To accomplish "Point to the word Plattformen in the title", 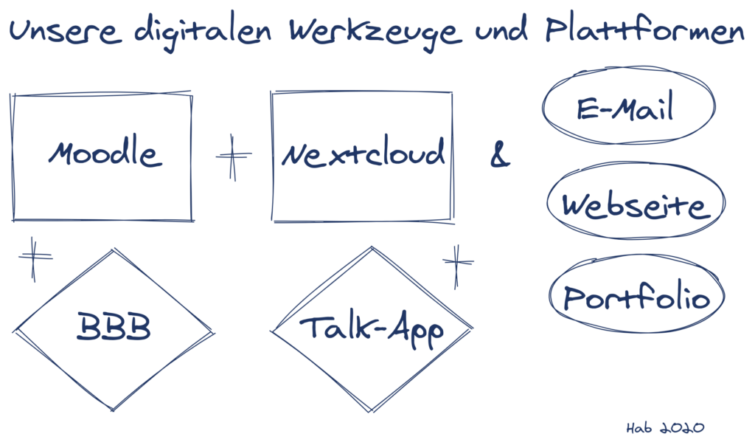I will (645, 31).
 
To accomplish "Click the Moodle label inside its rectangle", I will (103, 154).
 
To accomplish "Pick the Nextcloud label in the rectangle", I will (363, 154).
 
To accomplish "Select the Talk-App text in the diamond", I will (372, 329).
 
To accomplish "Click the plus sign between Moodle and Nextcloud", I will (233, 156).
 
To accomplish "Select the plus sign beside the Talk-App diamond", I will (457, 261).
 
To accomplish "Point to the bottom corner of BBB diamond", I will (114, 409).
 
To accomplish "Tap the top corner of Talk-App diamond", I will (371, 247).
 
